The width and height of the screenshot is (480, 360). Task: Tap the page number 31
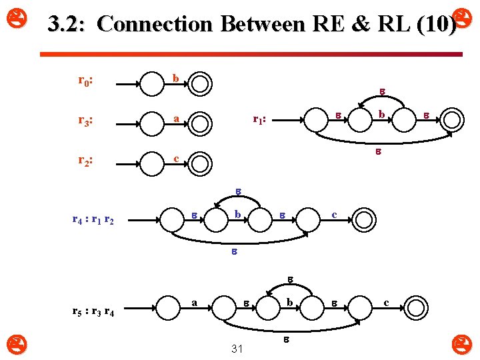pyautogui.click(x=236, y=349)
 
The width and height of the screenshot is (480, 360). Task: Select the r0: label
pyautogui.click(x=85, y=81)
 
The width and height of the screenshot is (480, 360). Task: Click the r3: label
pyautogui.click(x=85, y=121)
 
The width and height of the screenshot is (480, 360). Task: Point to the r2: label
pyautogui.click(x=85, y=160)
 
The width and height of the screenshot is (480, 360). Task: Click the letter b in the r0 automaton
pyautogui.click(x=175, y=79)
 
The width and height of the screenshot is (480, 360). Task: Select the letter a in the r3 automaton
pyautogui.click(x=175, y=118)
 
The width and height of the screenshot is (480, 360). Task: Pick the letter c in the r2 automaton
pyautogui.click(x=175, y=158)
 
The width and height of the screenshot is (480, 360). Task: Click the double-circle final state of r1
pyautogui.click(x=452, y=121)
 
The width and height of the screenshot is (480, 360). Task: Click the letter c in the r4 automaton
pyautogui.click(x=335, y=215)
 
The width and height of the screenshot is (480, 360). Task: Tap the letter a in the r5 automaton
pyautogui.click(x=195, y=302)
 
